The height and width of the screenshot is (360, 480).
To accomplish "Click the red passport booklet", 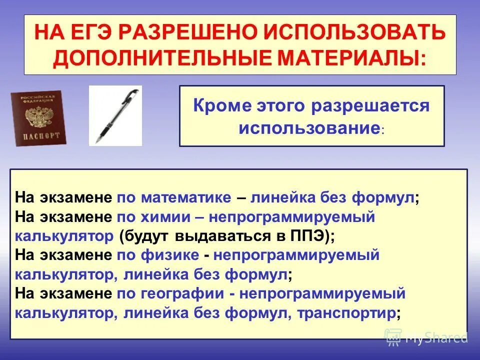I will [x=38, y=118].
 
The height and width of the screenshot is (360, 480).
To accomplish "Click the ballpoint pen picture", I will [x=115, y=115].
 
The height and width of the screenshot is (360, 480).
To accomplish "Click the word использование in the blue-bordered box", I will [x=308, y=128].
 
